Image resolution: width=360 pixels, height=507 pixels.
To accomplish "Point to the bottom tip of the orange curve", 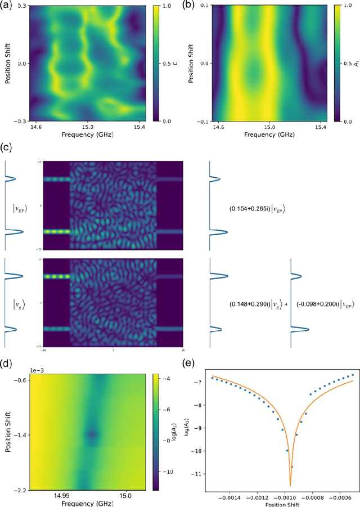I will click(290, 485).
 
